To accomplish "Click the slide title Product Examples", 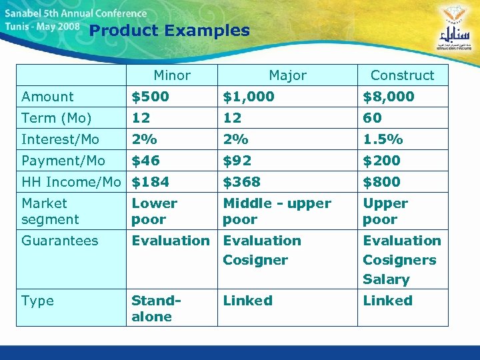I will pos(169,31).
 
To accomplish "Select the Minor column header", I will pos(172,75).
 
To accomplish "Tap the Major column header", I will pos(287,75).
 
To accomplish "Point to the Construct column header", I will pos(402,75).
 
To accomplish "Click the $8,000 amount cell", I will pos(388,97).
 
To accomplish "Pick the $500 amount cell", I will pos(150,97).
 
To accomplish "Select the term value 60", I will pos(372,118).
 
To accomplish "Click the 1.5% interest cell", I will pos(383,139).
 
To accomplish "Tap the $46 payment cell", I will pos(145,161).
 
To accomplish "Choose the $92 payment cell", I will pos(237,161).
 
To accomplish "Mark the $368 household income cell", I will pos(241,182).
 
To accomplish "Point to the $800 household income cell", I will pos(381,182).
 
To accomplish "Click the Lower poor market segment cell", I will pos(154,211).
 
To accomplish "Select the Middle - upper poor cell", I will pos(277,211).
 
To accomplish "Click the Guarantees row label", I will pos(59,241).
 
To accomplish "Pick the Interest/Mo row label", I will pos(60,139).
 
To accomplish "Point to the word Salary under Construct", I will pos(386,279).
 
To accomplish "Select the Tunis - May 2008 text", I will pos(42,27).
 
